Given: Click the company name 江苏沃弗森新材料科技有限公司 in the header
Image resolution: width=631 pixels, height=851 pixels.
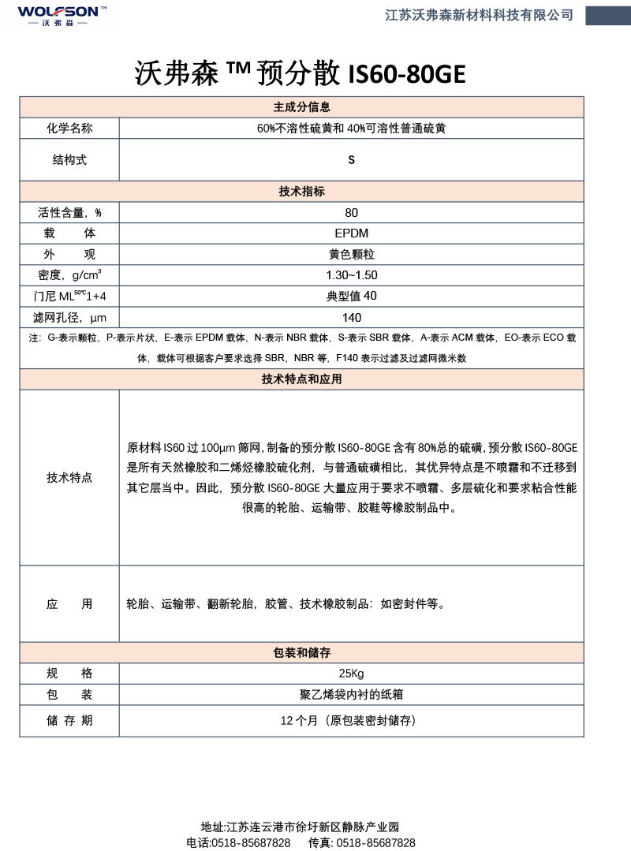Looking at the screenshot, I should pos(479,15).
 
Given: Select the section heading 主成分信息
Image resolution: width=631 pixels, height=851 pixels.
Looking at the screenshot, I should pos(301,107).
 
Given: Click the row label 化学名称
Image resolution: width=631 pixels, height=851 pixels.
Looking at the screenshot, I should pos(69,128).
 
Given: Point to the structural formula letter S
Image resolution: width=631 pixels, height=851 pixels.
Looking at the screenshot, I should pos(352,159).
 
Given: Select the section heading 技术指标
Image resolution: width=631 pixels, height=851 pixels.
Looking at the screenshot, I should pos(301,192).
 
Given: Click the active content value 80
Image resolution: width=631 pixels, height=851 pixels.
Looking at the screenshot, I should pos(352,212).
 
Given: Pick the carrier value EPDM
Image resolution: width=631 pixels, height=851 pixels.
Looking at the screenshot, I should pos(352,233).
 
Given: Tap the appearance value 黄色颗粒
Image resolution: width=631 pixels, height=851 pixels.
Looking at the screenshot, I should pos(352,255).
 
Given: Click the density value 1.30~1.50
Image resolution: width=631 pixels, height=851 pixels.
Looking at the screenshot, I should pos(352,275).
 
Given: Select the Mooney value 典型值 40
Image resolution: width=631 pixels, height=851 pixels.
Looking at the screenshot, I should pos(352,297).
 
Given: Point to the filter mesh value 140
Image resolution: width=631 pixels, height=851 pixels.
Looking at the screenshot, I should pos(352,317).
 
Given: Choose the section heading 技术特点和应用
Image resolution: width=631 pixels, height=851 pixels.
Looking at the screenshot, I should pos(301,379).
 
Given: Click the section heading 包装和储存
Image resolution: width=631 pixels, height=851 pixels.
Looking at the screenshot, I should pos(301,653).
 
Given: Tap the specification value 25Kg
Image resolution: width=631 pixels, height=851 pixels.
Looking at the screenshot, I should pos(352,674).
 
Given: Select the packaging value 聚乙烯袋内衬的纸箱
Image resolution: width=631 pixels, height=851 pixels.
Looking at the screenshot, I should pos(352,695).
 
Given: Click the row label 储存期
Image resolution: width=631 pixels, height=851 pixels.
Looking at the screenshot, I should pos(69,720).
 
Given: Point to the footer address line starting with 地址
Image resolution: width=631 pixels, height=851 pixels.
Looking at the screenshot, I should pos(300,827).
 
